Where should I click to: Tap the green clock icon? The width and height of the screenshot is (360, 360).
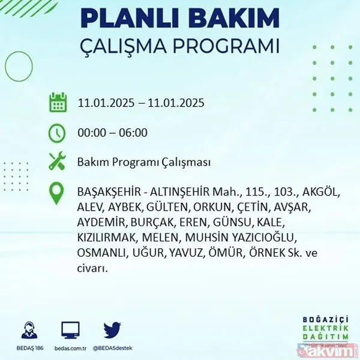tap(56, 133)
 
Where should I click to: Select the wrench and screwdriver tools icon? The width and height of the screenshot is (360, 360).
tap(56, 162)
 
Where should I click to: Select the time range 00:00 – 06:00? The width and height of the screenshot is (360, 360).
tap(113, 133)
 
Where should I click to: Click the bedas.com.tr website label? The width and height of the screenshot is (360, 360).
tap(71, 347)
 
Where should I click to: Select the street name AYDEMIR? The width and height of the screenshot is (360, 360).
tap(101, 223)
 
